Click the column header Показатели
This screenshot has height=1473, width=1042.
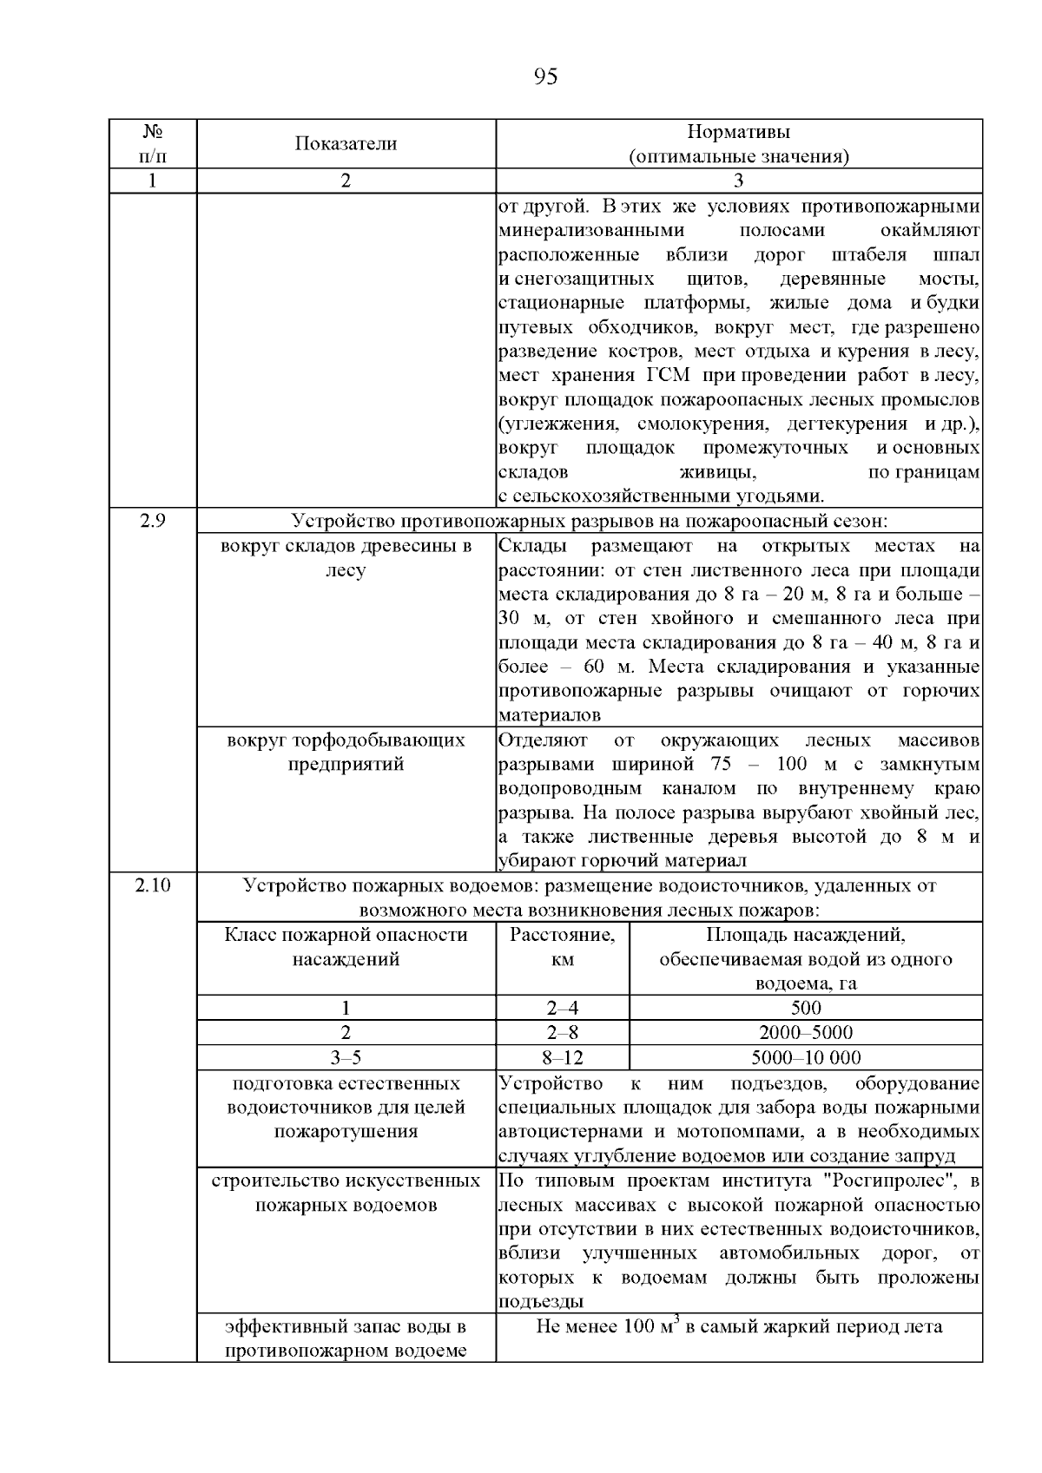point(346,144)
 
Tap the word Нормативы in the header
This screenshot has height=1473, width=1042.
point(738,133)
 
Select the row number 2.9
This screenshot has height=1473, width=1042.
point(153,521)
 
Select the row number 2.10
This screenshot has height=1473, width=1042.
point(153,885)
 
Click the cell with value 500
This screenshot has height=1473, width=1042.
point(805,1008)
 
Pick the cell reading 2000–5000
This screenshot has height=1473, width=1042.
point(805,1033)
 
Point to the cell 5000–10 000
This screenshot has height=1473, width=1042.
point(805,1057)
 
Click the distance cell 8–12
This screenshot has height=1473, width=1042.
point(562,1057)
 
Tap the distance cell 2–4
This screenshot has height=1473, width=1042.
point(562,1008)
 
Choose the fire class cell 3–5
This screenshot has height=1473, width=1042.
point(346,1057)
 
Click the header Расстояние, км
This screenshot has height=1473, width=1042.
point(562,947)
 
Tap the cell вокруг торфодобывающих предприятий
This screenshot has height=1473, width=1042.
point(346,753)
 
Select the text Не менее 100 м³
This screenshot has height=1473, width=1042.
point(605,1327)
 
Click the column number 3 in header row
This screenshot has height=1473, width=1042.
point(738,181)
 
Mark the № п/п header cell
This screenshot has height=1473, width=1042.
point(153,144)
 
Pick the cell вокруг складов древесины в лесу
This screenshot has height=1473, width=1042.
point(346,558)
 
